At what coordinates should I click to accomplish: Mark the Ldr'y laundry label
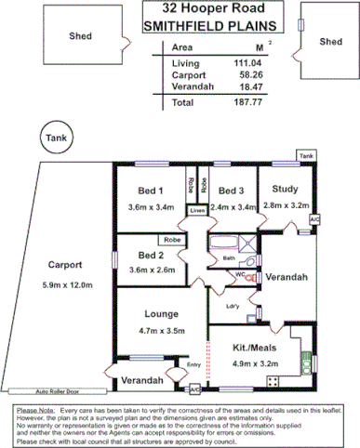pos(233,307)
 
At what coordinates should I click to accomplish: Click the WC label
pos(239,275)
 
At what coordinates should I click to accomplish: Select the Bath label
pos(228,257)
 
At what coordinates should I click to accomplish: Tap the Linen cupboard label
pos(196,212)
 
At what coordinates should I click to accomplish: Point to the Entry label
pos(194,364)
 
